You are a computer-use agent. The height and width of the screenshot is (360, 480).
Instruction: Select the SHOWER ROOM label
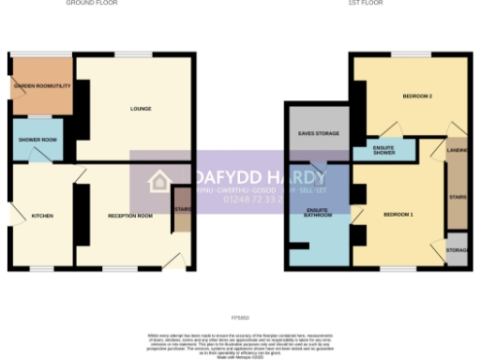(x=37, y=140)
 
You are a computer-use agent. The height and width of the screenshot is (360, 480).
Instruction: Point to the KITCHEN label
(x=42, y=216)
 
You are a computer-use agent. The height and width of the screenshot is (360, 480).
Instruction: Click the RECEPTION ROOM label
(x=130, y=216)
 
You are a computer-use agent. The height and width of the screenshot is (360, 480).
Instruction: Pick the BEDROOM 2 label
(x=416, y=97)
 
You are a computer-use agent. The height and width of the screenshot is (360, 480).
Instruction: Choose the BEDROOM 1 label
(x=398, y=216)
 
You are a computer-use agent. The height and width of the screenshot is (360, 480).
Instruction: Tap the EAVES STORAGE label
(x=319, y=134)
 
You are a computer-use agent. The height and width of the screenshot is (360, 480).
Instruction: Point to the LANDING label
(x=457, y=149)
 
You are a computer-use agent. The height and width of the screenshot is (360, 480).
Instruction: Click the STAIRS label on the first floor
(x=457, y=197)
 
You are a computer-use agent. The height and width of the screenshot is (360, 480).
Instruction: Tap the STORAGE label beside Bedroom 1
(x=457, y=250)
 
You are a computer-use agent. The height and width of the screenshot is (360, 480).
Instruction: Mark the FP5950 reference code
(x=240, y=318)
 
